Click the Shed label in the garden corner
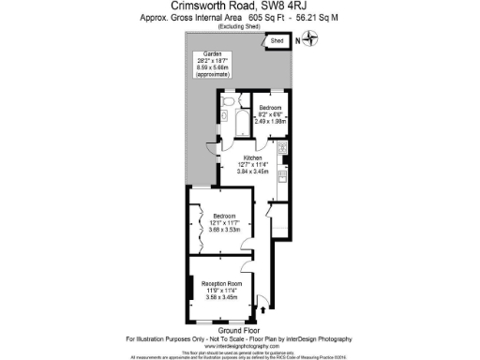[x=277, y=42]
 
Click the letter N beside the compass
[x=298, y=40]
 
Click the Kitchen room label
[x=253, y=157]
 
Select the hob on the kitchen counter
[x=280, y=151]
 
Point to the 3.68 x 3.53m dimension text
[x=226, y=230]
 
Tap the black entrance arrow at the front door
[x=262, y=308]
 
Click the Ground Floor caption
[x=238, y=330]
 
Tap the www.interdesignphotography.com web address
[x=239, y=345]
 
